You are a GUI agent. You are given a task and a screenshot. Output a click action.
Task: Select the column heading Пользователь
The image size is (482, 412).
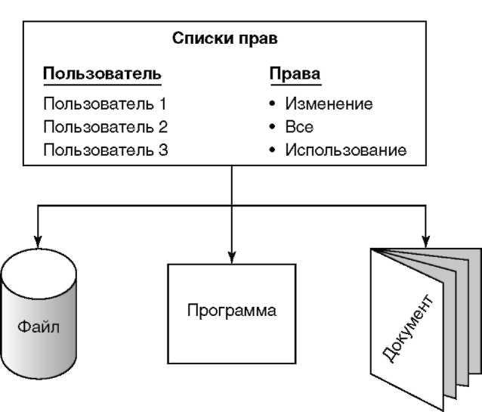pyautogui.click(x=102, y=74)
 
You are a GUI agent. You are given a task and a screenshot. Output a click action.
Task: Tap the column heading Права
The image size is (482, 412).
pyautogui.click(x=295, y=74)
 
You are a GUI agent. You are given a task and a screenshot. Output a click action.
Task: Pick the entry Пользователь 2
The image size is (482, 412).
pyautogui.click(x=105, y=127)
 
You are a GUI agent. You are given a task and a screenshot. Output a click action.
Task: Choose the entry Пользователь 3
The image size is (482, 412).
pyautogui.click(x=105, y=150)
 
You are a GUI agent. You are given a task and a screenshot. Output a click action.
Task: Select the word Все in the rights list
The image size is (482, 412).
pyautogui.click(x=299, y=127)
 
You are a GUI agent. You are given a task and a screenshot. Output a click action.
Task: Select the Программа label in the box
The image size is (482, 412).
pyautogui.click(x=233, y=311)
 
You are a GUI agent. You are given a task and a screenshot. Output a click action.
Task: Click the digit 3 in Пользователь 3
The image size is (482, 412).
pyautogui.click(x=163, y=150)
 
